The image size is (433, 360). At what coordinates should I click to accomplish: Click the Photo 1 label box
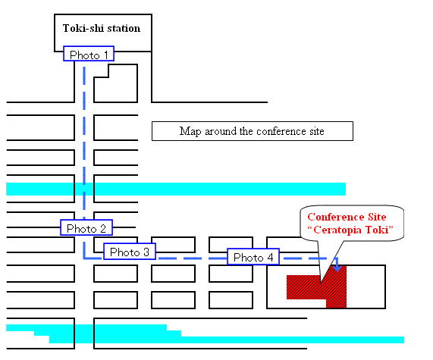click(89, 54)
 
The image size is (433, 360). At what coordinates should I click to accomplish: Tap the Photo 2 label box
click(86, 227)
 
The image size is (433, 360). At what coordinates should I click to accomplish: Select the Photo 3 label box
click(130, 251)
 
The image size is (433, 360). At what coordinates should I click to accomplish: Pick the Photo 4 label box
click(253, 256)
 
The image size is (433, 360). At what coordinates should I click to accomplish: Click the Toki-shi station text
click(102, 29)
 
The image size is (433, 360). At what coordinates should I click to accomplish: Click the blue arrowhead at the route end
click(337, 268)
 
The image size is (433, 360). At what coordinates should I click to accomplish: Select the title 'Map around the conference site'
click(252, 131)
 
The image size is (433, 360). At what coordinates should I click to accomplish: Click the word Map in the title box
click(190, 131)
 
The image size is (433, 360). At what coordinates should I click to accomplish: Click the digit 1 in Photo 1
click(105, 55)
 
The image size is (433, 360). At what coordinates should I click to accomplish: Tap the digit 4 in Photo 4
click(270, 258)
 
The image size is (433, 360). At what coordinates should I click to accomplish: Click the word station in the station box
click(124, 29)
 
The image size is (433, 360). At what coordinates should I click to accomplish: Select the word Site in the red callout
click(377, 217)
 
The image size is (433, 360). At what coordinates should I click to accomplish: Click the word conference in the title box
click(281, 131)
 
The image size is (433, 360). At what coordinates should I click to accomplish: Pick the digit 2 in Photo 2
click(102, 229)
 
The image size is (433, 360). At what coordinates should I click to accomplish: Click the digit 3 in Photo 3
click(146, 252)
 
